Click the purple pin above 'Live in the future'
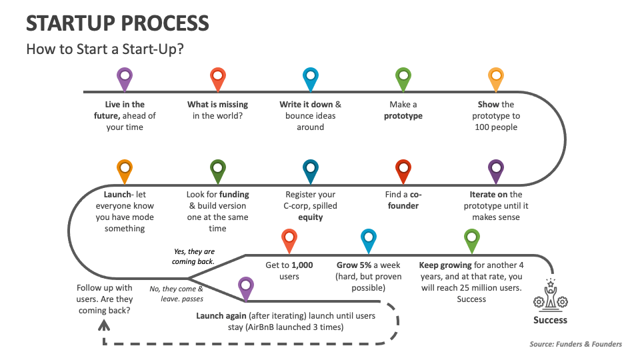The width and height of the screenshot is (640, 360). click(124, 78)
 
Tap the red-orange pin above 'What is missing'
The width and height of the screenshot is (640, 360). click(217, 78)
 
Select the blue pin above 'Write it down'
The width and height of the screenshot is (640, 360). click(310, 78)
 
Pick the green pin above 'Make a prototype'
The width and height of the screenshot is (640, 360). click(403, 78)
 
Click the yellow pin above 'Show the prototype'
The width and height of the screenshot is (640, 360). click(495, 78)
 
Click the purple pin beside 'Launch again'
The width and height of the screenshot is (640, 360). click(246, 287)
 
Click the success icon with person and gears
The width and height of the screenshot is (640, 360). click(550, 296)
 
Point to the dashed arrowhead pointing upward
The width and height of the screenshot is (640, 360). click(103, 325)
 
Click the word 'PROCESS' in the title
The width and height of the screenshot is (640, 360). click(164, 23)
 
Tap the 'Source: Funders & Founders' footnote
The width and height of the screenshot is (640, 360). click(575, 344)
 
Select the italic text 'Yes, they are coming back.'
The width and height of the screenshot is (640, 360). click(194, 257)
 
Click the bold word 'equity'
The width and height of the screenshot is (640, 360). click(310, 217)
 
